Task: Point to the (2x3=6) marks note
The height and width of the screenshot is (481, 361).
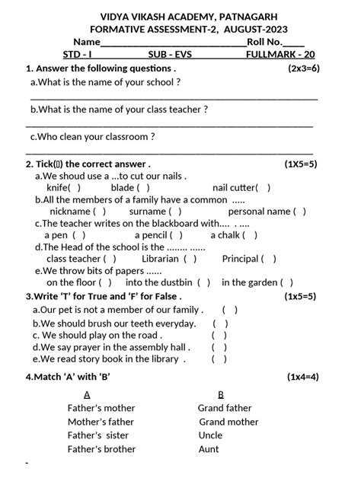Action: [304, 68]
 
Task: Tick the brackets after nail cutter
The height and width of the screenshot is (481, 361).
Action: [263, 187]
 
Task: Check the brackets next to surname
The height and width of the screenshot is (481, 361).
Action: [175, 211]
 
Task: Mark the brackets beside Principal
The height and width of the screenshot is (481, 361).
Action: [269, 259]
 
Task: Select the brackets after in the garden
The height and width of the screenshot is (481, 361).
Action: [286, 282]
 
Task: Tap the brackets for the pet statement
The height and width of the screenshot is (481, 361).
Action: [230, 310]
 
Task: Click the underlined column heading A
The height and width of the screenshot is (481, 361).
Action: [87, 394]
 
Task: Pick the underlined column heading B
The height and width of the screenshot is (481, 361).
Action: [221, 394]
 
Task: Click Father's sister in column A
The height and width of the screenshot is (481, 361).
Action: [98, 435]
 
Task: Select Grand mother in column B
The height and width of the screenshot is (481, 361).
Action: [228, 422]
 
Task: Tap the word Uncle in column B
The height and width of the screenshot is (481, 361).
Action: [210, 435]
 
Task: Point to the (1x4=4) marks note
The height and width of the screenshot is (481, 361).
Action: [303, 377]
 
